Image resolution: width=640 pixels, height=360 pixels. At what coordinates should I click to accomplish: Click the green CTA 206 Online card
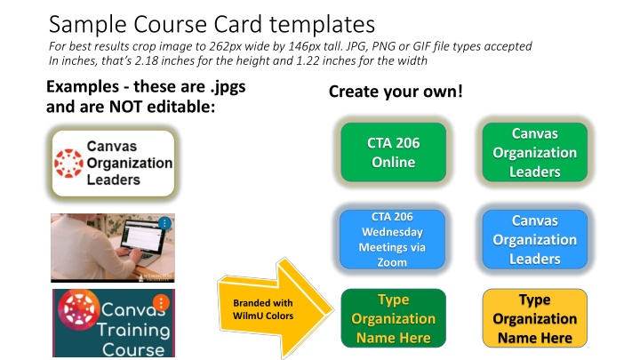click(394, 152)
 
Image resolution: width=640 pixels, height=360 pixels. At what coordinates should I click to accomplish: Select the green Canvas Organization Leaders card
click(535, 152)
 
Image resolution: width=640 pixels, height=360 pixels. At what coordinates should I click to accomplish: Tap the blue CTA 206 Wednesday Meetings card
click(392, 240)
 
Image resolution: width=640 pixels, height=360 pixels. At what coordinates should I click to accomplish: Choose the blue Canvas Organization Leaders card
click(535, 240)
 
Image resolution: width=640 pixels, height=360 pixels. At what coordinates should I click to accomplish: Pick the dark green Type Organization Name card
click(394, 318)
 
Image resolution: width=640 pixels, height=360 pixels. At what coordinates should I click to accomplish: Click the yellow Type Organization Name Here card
click(535, 318)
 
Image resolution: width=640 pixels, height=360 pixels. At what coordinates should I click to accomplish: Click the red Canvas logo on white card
click(69, 164)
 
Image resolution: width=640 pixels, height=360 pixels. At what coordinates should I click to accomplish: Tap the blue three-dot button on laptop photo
click(164, 223)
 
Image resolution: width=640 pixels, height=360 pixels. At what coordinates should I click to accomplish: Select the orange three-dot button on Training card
click(161, 303)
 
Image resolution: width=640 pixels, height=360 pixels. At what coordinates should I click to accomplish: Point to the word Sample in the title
click(87, 25)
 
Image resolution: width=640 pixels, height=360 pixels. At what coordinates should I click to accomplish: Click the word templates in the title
click(322, 25)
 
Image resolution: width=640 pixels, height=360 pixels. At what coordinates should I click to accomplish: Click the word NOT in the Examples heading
click(126, 107)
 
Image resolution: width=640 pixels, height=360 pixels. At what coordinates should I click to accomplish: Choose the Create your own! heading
click(396, 92)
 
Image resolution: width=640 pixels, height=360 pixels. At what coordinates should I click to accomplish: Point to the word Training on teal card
click(133, 330)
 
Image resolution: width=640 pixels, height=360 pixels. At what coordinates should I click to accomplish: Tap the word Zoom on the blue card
click(392, 262)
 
